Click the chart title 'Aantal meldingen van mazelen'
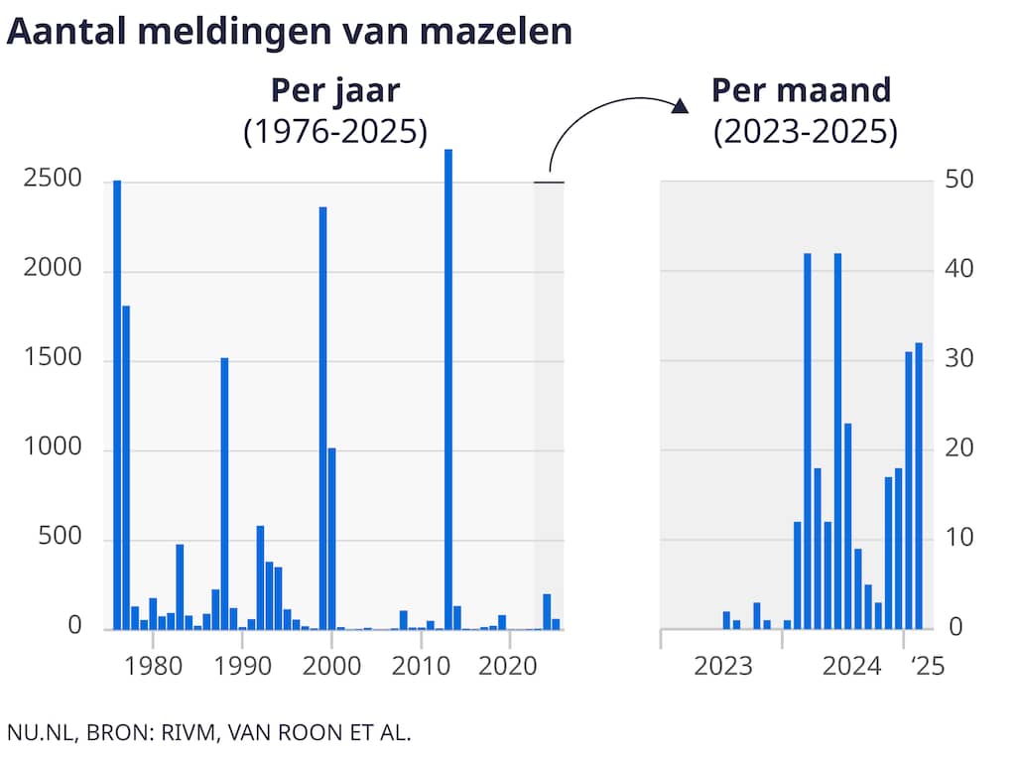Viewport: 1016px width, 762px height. coord(290,31)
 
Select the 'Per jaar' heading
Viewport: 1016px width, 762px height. coord(335,91)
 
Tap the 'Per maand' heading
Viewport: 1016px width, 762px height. coord(802,91)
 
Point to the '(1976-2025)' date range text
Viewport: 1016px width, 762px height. coord(335,132)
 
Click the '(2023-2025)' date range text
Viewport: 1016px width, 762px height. coord(805,132)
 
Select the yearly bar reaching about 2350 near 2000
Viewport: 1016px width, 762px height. coord(322,418)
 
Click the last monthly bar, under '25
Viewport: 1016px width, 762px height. coord(919,485)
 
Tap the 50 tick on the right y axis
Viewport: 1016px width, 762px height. coord(959,182)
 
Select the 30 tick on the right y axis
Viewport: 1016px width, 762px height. coord(959,360)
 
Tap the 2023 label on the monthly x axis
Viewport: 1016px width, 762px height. coord(723,666)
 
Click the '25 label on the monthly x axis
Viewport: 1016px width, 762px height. coord(927,666)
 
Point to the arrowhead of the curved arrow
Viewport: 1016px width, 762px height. coord(681,106)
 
